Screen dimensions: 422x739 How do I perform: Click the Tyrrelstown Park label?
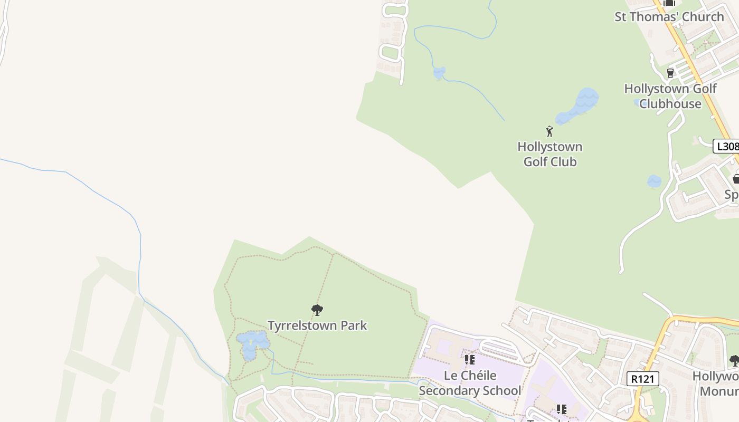pyautogui.click(x=317, y=325)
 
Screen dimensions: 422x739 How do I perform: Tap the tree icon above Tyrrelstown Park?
pyautogui.click(x=317, y=310)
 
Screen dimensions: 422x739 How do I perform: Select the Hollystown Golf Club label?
pyautogui.click(x=549, y=154)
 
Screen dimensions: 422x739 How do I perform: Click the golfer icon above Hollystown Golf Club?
pyautogui.click(x=549, y=131)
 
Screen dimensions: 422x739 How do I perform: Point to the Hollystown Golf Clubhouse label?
pyautogui.click(x=670, y=96)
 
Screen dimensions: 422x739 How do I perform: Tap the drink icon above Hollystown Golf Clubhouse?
pyautogui.click(x=670, y=73)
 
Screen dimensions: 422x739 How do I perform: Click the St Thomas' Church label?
pyautogui.click(x=669, y=17)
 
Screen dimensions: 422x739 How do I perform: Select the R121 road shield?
pyautogui.click(x=643, y=378)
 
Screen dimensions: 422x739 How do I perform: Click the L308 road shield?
pyautogui.click(x=726, y=146)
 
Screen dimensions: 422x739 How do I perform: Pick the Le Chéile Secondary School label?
pyautogui.click(x=469, y=383)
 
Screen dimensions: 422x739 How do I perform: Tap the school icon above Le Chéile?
pyautogui.click(x=469, y=360)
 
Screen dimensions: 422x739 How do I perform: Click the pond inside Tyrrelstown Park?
pyautogui.click(x=251, y=343)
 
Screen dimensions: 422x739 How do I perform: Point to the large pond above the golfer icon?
pyautogui.click(x=581, y=105)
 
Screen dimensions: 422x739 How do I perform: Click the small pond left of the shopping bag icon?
pyautogui.click(x=654, y=181)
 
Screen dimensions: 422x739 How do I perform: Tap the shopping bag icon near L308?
pyautogui.click(x=736, y=179)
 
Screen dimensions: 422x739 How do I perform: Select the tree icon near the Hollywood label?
pyautogui.click(x=734, y=361)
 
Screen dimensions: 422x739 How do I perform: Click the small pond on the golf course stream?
pyautogui.click(x=439, y=73)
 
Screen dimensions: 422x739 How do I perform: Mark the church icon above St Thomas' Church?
pyautogui.click(x=669, y=3)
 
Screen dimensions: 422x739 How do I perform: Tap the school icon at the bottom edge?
pyautogui.click(x=561, y=409)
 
